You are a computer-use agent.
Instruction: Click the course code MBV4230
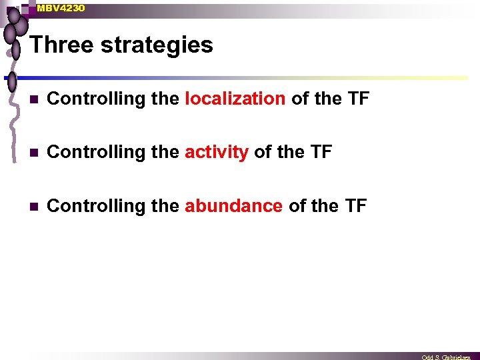click(61, 8)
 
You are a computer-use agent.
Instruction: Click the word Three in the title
click(61, 45)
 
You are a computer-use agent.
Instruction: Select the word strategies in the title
click(157, 46)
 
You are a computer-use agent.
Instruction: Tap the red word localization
click(235, 99)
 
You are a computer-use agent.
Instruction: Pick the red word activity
click(217, 153)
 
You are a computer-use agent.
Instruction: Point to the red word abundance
click(233, 206)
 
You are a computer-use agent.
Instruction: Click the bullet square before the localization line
click(34, 99)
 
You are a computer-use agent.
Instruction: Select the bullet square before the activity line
click(34, 153)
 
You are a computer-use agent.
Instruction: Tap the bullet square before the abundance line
click(34, 206)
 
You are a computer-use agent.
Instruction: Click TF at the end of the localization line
click(358, 99)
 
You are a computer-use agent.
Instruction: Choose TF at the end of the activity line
click(321, 152)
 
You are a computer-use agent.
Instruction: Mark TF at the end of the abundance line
click(356, 205)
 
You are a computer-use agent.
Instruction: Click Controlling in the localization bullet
click(96, 99)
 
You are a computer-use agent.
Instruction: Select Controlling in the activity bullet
click(96, 153)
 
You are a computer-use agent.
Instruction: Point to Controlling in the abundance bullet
click(96, 206)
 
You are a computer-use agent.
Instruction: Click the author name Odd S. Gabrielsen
click(446, 357)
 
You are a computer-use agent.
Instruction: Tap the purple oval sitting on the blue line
click(12, 82)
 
